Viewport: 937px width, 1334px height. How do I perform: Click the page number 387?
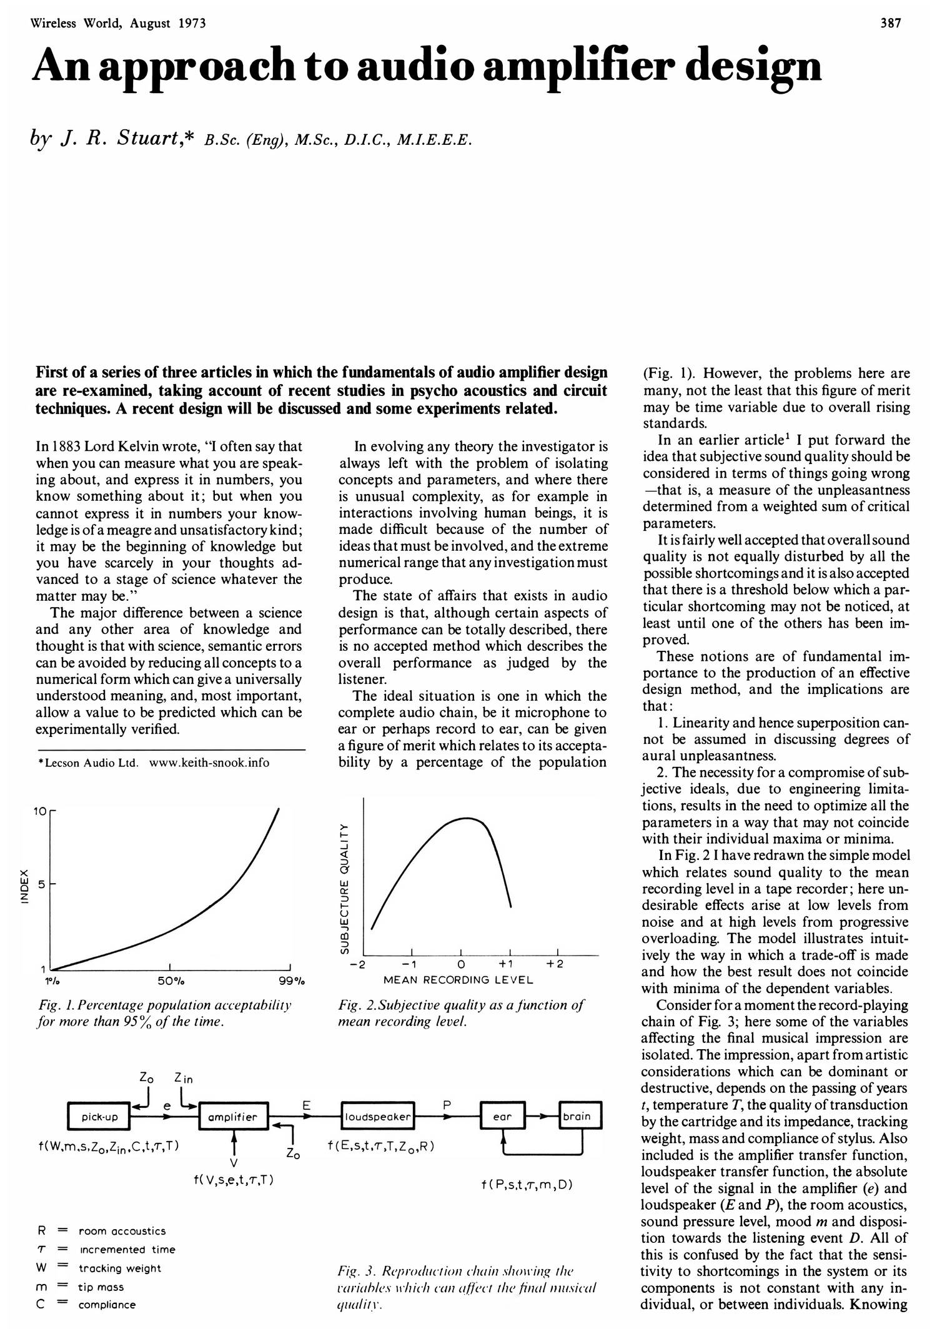(x=891, y=24)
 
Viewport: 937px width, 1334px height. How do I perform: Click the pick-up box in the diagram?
(x=99, y=1117)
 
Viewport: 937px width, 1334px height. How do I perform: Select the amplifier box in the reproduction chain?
(x=233, y=1117)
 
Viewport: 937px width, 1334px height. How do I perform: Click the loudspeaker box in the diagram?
(x=379, y=1117)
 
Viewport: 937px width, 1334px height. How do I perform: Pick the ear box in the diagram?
(x=502, y=1117)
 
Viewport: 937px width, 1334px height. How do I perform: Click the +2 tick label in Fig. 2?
(x=555, y=964)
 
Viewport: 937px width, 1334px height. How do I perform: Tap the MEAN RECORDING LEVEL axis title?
(x=458, y=980)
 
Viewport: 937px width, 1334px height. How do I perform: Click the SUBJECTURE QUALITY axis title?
(x=343, y=888)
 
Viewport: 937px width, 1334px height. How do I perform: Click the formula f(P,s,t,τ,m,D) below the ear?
(x=527, y=1185)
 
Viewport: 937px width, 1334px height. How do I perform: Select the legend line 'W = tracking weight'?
(x=100, y=1268)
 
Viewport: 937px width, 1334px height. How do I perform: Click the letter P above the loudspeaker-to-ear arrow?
(x=446, y=1105)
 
